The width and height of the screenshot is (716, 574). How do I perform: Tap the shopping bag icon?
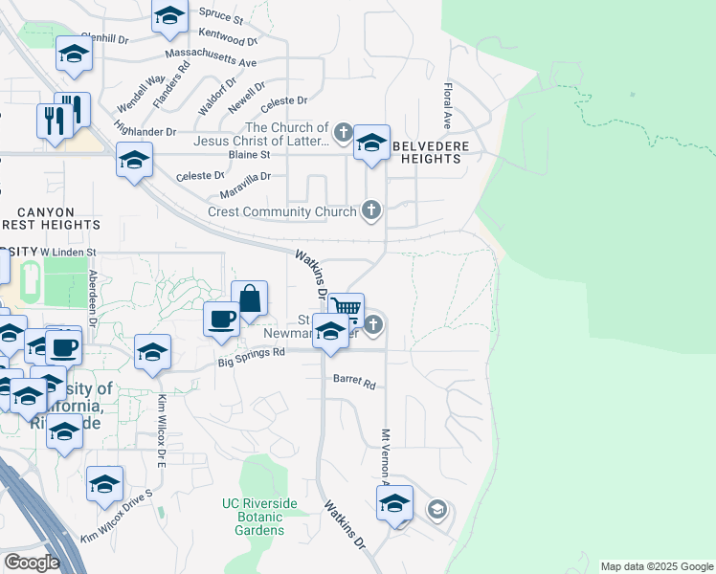(x=249, y=298)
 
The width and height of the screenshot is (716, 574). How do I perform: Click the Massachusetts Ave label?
(x=211, y=56)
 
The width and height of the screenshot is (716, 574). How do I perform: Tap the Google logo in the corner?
(x=32, y=562)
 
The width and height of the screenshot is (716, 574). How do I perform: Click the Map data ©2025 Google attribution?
(x=657, y=566)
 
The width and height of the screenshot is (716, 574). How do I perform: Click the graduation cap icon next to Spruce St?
(x=170, y=15)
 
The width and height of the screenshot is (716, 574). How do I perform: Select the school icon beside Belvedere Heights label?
(x=370, y=143)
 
